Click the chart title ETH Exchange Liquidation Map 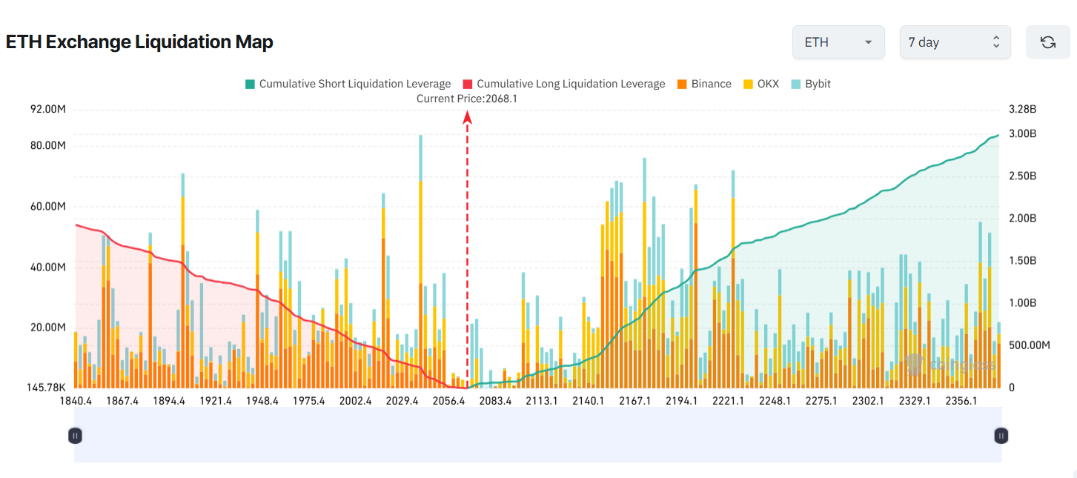tap(139, 42)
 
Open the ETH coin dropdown tap(838, 42)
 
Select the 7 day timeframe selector tap(954, 42)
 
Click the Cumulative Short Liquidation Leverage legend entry tap(348, 84)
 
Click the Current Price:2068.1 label tap(466, 99)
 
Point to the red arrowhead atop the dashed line tap(468, 116)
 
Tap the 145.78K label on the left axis tap(46, 388)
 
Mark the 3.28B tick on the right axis tap(1022, 110)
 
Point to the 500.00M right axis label tap(1030, 345)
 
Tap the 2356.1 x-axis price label tap(961, 401)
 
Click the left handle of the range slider tap(74, 436)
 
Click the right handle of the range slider tap(1001, 436)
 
